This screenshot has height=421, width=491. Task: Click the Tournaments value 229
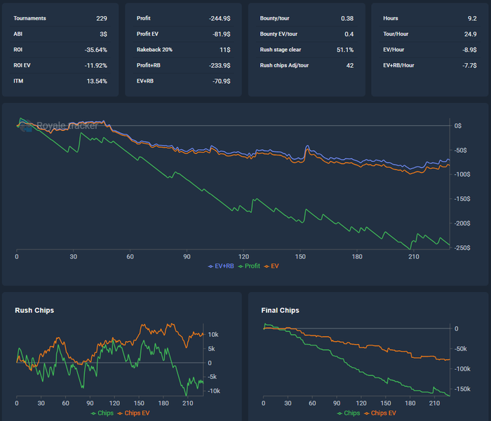[102, 18]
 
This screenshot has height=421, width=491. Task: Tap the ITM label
[19, 81]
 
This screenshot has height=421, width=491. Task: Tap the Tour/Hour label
[397, 34]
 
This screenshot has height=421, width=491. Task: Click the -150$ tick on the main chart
[462, 199]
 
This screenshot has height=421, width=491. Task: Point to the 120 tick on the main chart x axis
[244, 257]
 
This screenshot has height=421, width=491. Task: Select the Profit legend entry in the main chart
[250, 266]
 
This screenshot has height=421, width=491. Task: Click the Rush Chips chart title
[34, 310]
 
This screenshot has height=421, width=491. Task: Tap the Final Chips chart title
[279, 310]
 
